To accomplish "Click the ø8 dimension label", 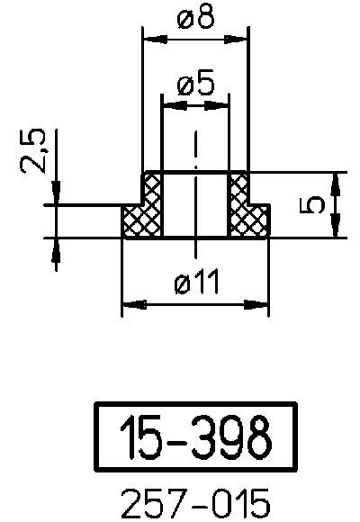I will [x=195, y=19].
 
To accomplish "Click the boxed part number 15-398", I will [x=195, y=437].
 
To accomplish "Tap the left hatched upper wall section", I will [x=152, y=189].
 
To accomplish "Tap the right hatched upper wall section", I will [x=238, y=189].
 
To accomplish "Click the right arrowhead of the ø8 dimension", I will [x=240, y=38].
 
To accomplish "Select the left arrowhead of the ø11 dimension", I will [x=129, y=305].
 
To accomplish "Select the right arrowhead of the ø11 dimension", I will [x=262, y=305].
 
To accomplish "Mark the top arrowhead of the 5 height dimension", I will [x=336, y=178].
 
